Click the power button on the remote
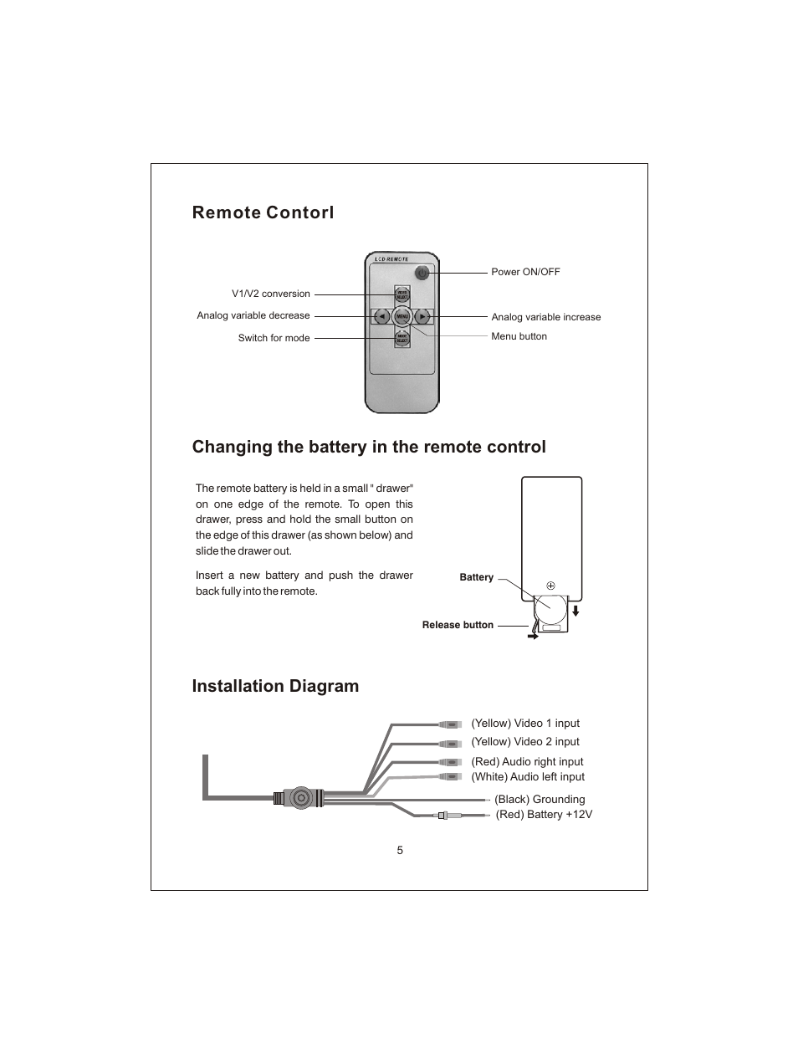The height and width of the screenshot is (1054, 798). coord(422,273)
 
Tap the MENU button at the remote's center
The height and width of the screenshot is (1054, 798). coord(402,317)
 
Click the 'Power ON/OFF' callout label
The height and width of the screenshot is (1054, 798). coord(525,272)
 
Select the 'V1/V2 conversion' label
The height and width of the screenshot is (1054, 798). coord(270,294)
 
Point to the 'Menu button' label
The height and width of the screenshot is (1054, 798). coord(519,336)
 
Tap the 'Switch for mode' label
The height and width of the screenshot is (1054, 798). coord(274,338)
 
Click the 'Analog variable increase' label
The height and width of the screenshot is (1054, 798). coord(545,317)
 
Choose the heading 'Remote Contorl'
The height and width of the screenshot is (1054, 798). coord(263,212)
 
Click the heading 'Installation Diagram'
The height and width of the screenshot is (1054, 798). coord(275,686)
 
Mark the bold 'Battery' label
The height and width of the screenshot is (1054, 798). coord(476,577)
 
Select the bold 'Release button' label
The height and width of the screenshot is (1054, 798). coord(458,625)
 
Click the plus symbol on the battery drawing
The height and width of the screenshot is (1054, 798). coord(550,586)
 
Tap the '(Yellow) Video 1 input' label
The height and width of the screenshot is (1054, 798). coord(524,724)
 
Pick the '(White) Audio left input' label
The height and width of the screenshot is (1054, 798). coord(527,777)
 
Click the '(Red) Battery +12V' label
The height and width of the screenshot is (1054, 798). coord(544,815)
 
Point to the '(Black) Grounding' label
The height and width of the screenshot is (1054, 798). coord(540,800)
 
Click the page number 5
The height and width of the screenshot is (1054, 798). coord(400,851)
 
